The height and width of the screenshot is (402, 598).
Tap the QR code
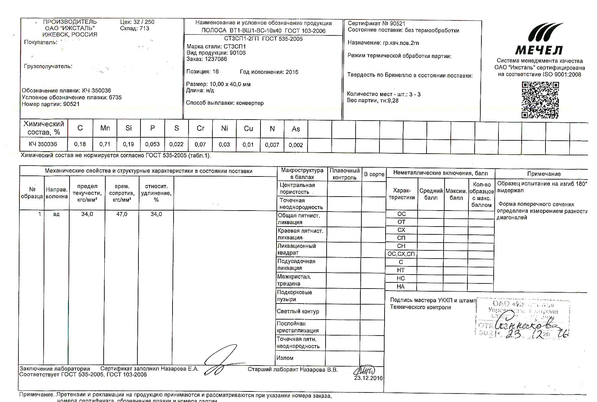pyautogui.click(x=540, y=100)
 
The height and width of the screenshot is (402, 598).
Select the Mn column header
pyautogui.click(x=105, y=128)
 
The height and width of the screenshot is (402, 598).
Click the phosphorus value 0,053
pyautogui.click(x=152, y=144)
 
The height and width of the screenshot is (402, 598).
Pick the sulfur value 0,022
pyautogui.click(x=176, y=144)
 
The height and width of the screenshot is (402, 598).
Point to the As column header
pyautogui.click(x=296, y=129)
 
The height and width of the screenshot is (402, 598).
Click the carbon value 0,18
pyautogui.click(x=80, y=144)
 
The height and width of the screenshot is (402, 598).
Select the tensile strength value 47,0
pyautogui.click(x=122, y=214)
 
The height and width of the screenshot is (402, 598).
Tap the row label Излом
pyautogui.click(x=285, y=358)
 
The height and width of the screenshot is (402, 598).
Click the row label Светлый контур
pyautogui.click(x=298, y=311)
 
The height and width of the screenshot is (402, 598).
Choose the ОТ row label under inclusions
pyautogui.click(x=401, y=222)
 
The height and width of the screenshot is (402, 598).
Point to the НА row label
pyautogui.click(x=401, y=287)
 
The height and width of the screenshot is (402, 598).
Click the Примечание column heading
pyautogui.click(x=544, y=174)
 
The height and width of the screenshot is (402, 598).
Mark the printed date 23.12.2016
pyautogui.click(x=368, y=378)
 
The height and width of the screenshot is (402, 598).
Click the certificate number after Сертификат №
pyautogui.click(x=398, y=24)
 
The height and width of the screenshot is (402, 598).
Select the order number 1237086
pyautogui.click(x=215, y=59)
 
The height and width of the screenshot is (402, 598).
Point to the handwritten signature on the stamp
pyautogui.click(x=528, y=325)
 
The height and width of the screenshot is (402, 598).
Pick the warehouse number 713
pyautogui.click(x=144, y=29)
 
